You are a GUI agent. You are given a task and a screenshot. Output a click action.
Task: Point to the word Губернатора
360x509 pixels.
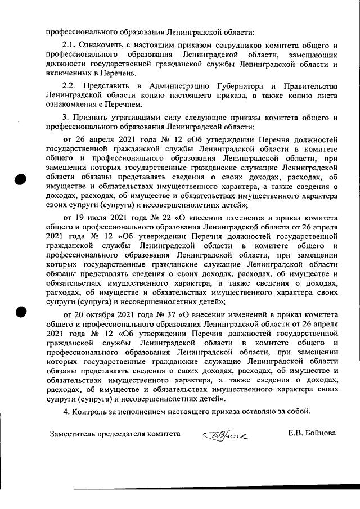click(236, 86)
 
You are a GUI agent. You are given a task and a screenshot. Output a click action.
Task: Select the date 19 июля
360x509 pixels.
click(89, 217)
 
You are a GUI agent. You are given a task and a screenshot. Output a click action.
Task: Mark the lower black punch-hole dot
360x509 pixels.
click(21, 312)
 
